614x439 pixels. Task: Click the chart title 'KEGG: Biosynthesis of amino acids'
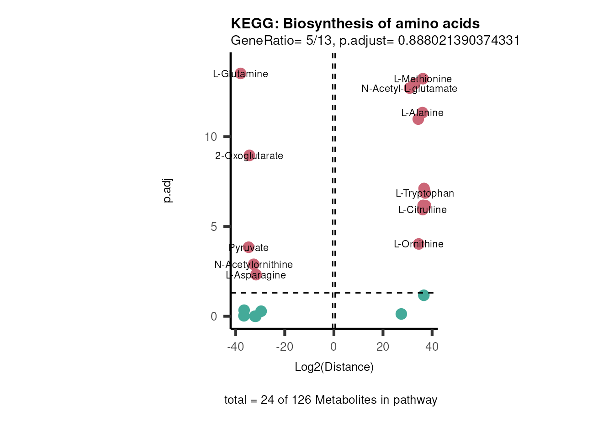coord(355,24)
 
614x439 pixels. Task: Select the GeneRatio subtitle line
coord(375,41)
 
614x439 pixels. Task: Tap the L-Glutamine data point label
coord(240,74)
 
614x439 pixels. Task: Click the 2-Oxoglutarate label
coord(249,156)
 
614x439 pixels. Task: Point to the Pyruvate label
coord(249,248)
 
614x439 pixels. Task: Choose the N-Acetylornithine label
coord(254,265)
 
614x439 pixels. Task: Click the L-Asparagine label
coord(256,275)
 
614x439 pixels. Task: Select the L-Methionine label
coord(423,79)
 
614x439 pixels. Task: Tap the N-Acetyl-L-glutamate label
coord(409,89)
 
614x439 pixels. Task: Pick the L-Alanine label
coord(422,113)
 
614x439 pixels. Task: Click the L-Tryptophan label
coord(425,193)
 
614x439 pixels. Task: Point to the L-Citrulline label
coord(423,210)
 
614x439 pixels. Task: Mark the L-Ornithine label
coord(418,244)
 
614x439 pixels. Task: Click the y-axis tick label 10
coord(211,137)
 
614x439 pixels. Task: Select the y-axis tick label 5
coord(214,227)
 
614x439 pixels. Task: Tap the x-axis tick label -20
coord(284,347)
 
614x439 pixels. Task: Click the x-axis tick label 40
coord(432,347)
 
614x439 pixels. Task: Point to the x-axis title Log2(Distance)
coord(334,367)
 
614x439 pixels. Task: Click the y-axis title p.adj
coord(168,191)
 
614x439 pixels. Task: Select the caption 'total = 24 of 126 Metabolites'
coord(331,400)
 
